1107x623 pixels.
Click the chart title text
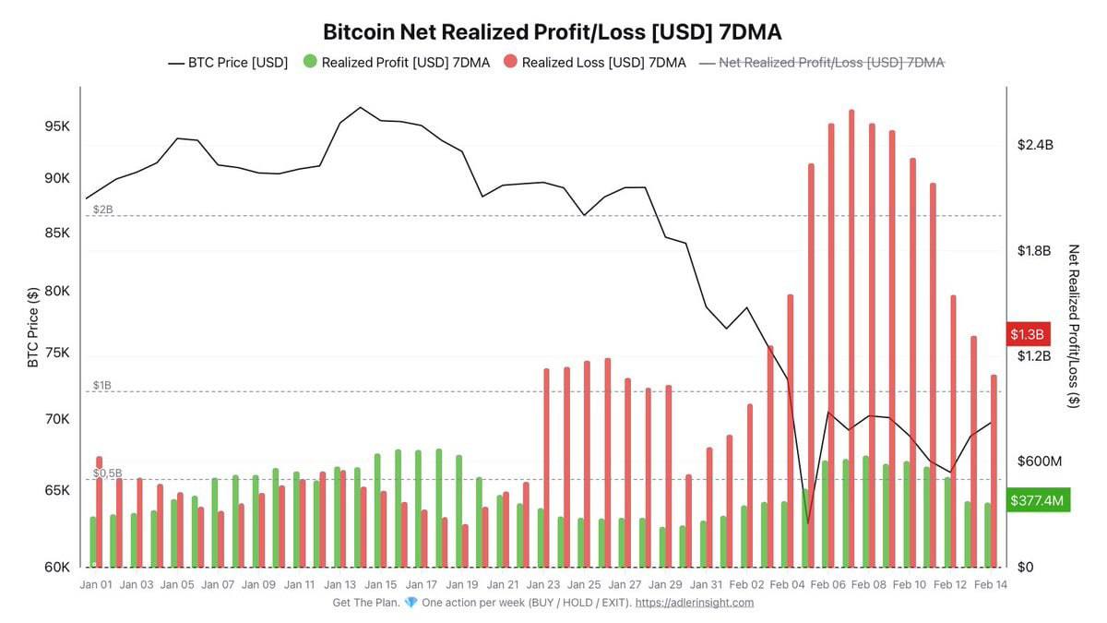pyautogui.click(x=553, y=31)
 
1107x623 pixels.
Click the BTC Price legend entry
pyautogui.click(x=228, y=63)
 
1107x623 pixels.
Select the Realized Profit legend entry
pyautogui.click(x=396, y=63)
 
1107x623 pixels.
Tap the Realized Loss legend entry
pyautogui.click(x=594, y=63)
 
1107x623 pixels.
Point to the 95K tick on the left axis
pyautogui.click(x=57, y=126)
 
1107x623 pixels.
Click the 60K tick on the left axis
pyautogui.click(x=57, y=567)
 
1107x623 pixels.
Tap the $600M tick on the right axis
pyautogui.click(x=1039, y=461)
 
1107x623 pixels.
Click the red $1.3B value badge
pyautogui.click(x=1026, y=334)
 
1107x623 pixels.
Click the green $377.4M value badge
pyautogui.click(x=1037, y=501)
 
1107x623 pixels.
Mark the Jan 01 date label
pyautogui.click(x=96, y=584)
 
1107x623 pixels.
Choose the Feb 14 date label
pyautogui.click(x=990, y=584)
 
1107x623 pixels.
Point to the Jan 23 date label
pyautogui.click(x=543, y=584)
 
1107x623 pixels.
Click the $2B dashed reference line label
pyautogui.click(x=103, y=210)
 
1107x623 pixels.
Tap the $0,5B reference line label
pyautogui.click(x=108, y=473)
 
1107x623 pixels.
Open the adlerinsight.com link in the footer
pyautogui.click(x=695, y=603)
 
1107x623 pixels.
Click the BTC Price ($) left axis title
pyautogui.click(x=33, y=327)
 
